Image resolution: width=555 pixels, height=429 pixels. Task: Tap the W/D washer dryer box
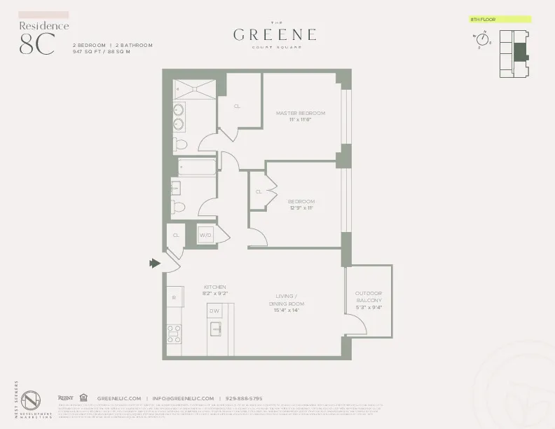206,236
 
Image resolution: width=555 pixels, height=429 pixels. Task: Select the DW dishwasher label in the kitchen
215,310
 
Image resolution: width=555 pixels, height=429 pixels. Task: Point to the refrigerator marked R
174,298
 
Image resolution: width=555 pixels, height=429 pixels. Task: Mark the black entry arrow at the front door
154,264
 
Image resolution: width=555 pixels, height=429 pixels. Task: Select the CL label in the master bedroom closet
238,106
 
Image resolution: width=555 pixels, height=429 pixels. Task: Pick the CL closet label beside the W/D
176,236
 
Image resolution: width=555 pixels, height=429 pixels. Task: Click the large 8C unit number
36,43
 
